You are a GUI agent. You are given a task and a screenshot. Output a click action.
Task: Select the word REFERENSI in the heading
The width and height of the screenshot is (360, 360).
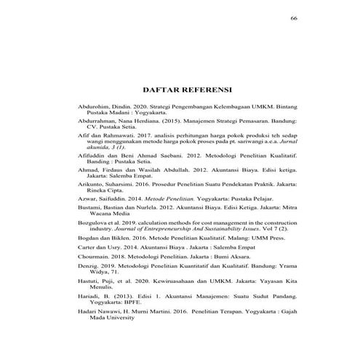coord(205,90)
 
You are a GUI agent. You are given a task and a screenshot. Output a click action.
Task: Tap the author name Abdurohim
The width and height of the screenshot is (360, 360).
coord(93,108)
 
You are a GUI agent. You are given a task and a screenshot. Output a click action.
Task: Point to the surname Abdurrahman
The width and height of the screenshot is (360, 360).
coord(97,122)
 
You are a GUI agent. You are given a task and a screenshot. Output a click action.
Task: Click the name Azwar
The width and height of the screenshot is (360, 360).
coord(87,200)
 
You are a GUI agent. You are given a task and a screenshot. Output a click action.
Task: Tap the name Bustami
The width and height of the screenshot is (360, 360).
coord(89,210)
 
